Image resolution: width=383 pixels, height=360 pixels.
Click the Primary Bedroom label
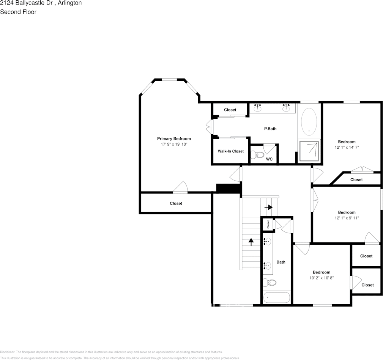[x=174, y=139]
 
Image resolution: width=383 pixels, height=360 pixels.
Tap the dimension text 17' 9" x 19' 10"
[x=174, y=145]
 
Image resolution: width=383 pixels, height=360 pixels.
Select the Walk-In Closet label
[x=230, y=151]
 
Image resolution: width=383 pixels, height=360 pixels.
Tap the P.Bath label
[x=270, y=129]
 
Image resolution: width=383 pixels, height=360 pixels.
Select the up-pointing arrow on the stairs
[x=251, y=242]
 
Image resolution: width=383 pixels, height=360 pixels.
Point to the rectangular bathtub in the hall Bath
[x=277, y=298]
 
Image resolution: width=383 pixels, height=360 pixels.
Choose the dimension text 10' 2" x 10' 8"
[x=321, y=278]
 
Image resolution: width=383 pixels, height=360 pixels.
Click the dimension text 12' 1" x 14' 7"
[x=347, y=148]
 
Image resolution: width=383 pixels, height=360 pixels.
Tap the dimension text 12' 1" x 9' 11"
[x=347, y=218]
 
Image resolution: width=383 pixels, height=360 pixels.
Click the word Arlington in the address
[x=69, y=3]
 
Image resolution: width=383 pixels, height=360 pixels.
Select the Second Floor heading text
[x=18, y=12]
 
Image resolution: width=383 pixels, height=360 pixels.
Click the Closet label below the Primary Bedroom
[x=176, y=204]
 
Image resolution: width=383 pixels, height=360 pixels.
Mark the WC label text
[x=269, y=159]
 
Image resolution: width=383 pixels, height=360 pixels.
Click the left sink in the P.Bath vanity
[x=258, y=108]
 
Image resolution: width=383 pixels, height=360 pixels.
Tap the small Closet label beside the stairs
[x=268, y=224]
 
